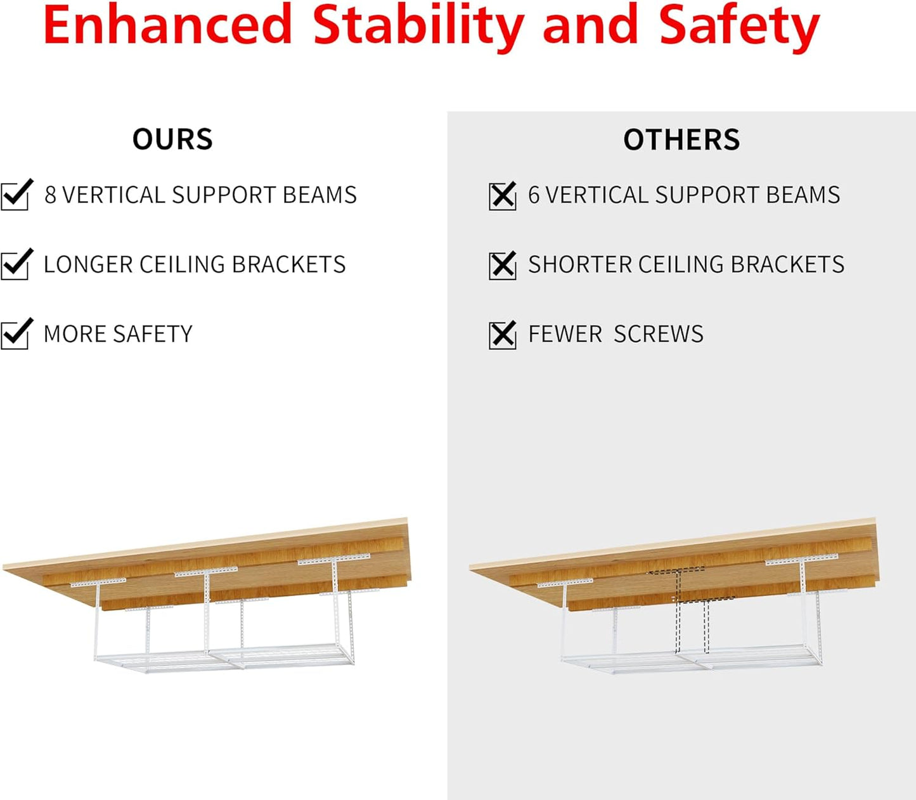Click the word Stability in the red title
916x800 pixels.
[418, 25]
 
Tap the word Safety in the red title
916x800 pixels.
[739, 25]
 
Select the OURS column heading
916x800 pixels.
[172, 139]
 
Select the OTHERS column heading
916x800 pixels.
[681, 139]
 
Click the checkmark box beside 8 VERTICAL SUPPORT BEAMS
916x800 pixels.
[15, 195]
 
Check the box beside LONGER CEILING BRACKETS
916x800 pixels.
[15, 264]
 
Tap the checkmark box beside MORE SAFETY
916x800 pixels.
[15, 334]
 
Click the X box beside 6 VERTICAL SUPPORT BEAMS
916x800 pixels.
[503, 196]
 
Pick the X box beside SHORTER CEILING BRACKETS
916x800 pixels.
[503, 265]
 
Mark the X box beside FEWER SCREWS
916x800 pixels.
[503, 335]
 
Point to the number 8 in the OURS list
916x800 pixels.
[50, 195]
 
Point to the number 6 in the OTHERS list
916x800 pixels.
[534, 195]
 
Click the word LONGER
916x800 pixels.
[87, 264]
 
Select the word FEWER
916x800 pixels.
[565, 334]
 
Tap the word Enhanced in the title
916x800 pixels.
[168, 25]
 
